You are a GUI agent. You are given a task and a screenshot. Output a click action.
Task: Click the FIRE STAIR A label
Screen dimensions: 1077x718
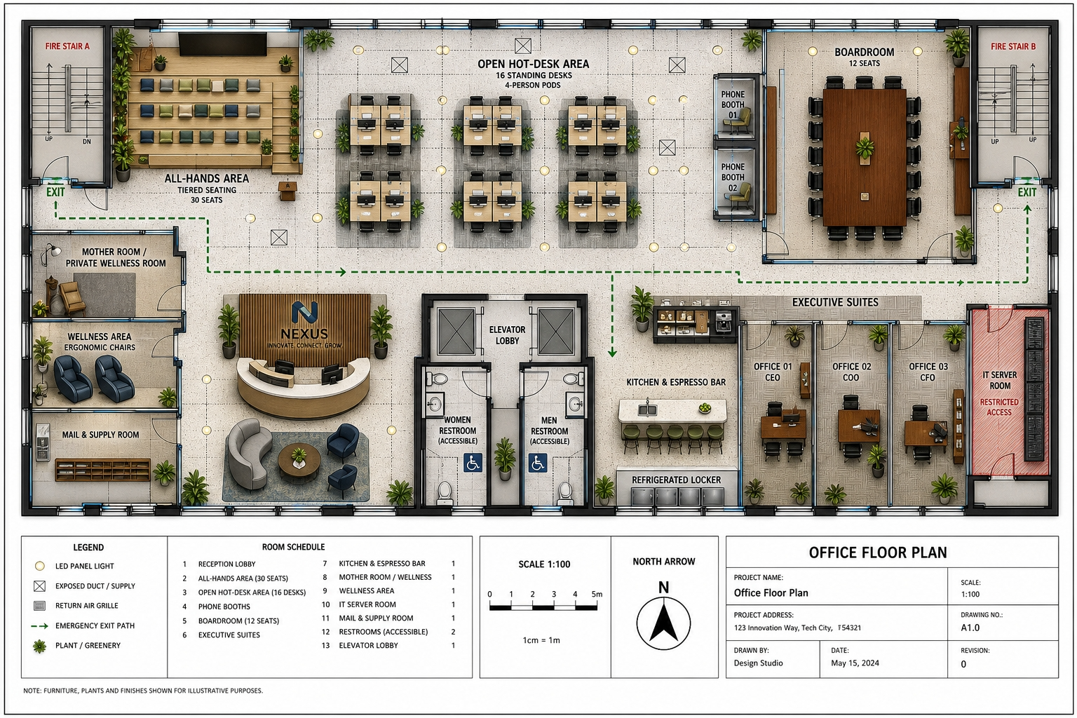[67, 46]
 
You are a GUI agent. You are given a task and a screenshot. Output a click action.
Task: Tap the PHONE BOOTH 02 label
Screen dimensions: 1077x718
[732, 177]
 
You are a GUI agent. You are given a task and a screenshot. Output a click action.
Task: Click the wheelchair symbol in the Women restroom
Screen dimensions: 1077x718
[473, 463]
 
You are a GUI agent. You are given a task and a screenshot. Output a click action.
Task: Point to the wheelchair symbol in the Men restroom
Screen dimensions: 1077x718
[538, 463]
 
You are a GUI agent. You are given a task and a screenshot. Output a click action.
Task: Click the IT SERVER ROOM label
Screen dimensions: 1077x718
[1000, 380]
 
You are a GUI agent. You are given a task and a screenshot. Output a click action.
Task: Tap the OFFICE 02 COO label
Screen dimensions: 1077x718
[851, 372]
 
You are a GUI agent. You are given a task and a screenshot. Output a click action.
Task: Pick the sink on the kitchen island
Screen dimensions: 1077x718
[648, 409]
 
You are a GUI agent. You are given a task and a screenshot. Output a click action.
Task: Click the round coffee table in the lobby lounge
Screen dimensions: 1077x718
[299, 459]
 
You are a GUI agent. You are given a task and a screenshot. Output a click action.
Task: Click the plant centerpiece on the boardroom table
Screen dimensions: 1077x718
[865, 147]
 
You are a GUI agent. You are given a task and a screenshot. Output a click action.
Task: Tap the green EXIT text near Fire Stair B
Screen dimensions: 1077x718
[1027, 192]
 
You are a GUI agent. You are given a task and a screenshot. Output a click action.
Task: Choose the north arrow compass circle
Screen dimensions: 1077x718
[663, 623]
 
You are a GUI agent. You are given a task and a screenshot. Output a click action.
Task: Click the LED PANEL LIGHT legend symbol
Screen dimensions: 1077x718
[39, 566]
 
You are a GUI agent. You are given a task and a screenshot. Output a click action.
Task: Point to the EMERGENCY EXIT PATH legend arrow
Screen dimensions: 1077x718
[39, 625]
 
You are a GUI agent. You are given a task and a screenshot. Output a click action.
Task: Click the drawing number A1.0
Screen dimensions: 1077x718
[970, 628]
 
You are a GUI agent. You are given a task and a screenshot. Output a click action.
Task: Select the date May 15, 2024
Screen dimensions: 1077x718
[855, 663]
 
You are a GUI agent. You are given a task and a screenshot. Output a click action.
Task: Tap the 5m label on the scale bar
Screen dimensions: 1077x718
[597, 594]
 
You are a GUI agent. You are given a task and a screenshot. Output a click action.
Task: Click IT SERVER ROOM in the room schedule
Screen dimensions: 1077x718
[367, 604]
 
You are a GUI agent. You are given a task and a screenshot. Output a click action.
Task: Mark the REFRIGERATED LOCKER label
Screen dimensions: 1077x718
[676, 480]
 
